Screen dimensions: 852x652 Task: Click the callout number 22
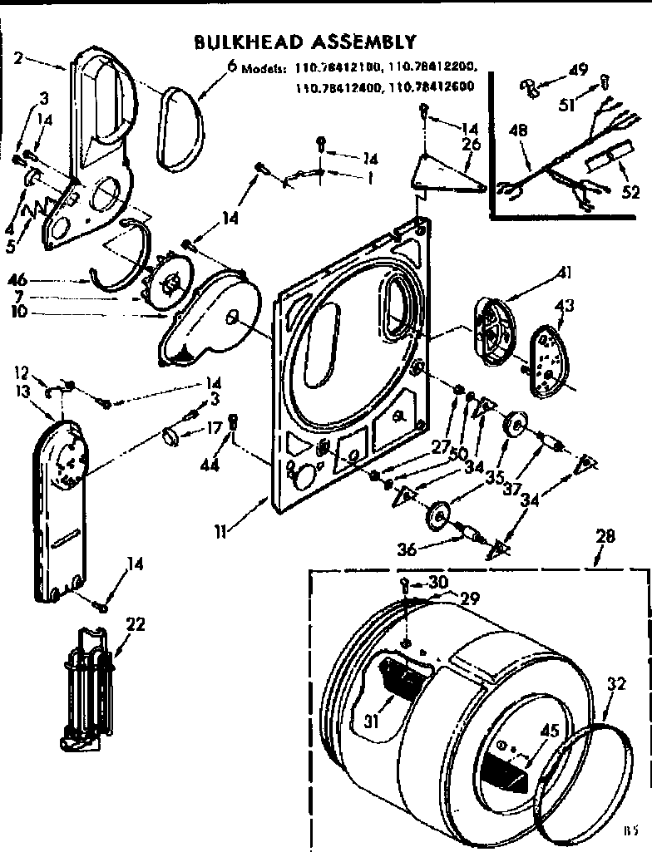(x=136, y=624)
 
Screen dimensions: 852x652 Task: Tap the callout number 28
(x=605, y=537)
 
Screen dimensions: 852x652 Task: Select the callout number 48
(x=518, y=130)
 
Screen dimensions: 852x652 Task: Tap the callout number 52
(x=630, y=193)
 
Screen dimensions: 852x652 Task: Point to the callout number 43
(x=564, y=307)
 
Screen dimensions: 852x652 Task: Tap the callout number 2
(x=19, y=59)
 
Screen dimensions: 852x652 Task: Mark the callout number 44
(x=210, y=466)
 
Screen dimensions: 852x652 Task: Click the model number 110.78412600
(x=436, y=86)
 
